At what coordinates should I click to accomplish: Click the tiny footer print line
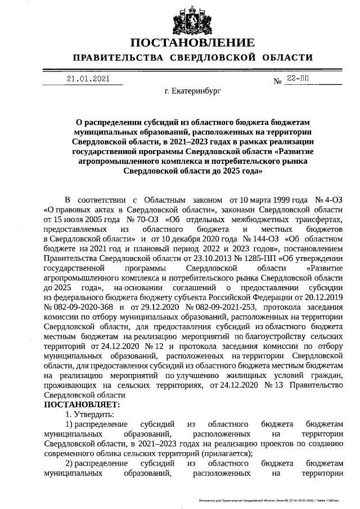coord(274,500)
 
